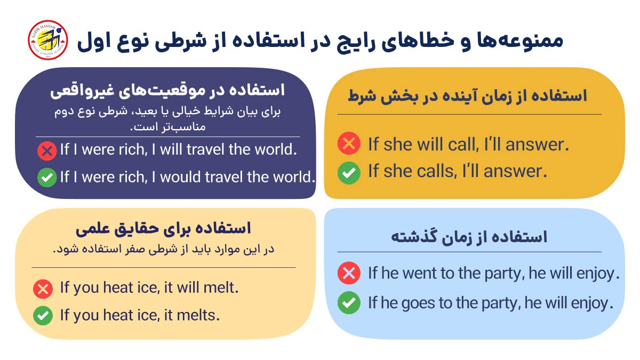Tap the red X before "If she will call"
tap(349, 144)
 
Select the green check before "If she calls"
tap(349, 172)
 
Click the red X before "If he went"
tap(349, 274)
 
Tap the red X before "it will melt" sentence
tap(43, 289)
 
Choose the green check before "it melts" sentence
tap(43, 315)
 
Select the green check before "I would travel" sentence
tap(47, 178)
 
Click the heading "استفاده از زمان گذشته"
tap(469, 237)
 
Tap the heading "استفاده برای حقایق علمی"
tap(163, 229)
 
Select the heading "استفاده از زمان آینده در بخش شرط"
tap(467, 97)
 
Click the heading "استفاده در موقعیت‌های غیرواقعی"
tap(167, 90)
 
